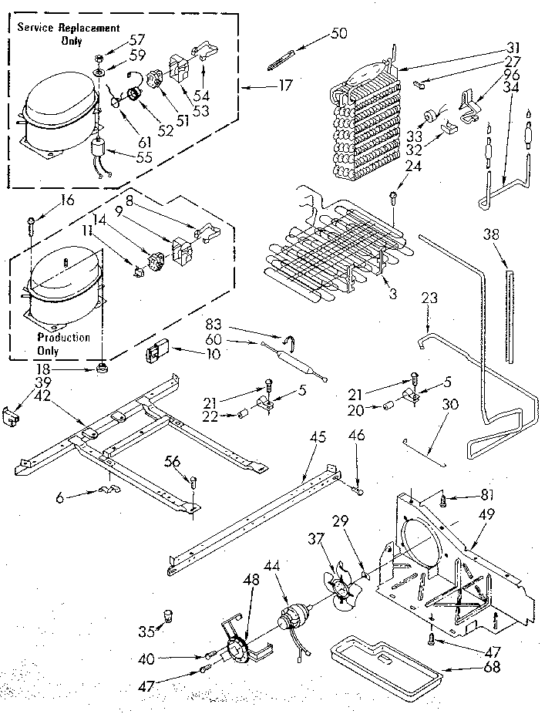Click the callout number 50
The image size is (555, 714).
[x=338, y=32]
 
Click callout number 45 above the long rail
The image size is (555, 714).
[x=318, y=438]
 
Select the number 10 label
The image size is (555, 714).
[x=213, y=354]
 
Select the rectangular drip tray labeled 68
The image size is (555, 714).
[x=385, y=655]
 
